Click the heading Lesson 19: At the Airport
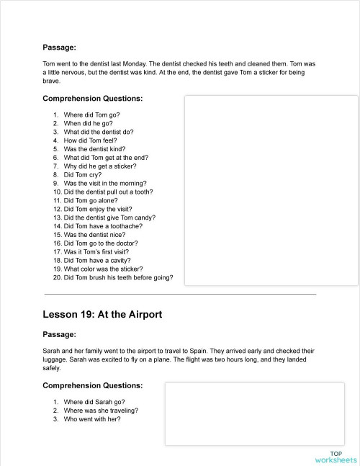102,315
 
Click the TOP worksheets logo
335,457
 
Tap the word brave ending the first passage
52,81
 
